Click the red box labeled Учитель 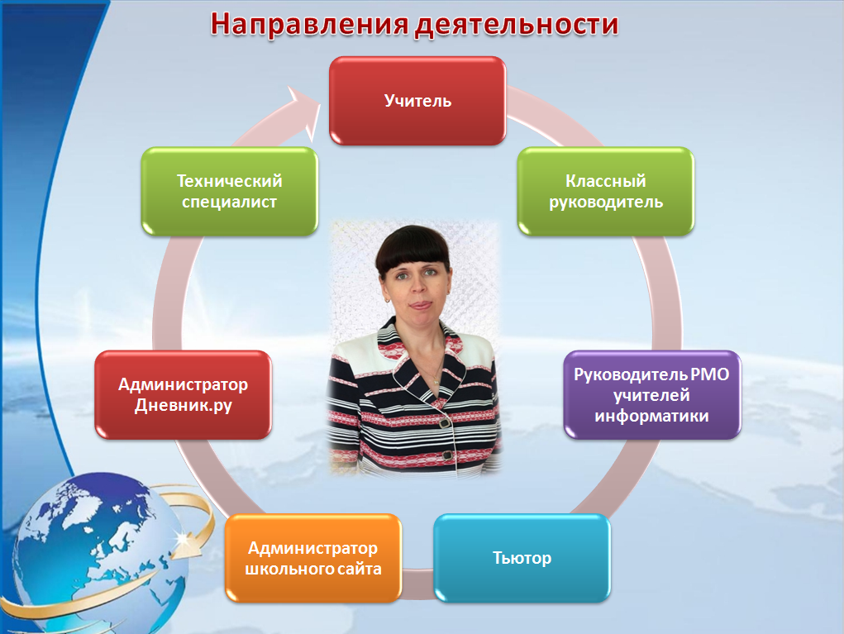[x=417, y=101]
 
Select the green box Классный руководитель [x=606, y=191]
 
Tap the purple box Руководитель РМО [x=652, y=394]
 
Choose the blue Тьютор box [x=522, y=558]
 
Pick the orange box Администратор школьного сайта [x=313, y=558]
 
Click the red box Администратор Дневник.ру [x=183, y=394]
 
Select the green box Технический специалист [x=229, y=191]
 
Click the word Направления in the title [x=309, y=25]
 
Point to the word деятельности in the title [x=517, y=25]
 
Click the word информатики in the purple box [x=651, y=416]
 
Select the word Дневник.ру [x=183, y=405]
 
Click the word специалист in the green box [x=229, y=202]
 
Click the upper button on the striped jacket [x=444, y=423]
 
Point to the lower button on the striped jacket [x=446, y=455]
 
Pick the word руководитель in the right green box [x=606, y=203]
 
